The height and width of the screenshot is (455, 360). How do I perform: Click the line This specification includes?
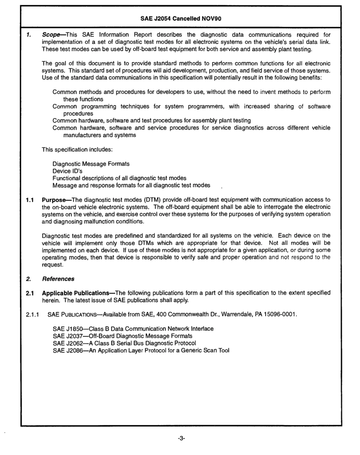pyautogui.click(x=77, y=150)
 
